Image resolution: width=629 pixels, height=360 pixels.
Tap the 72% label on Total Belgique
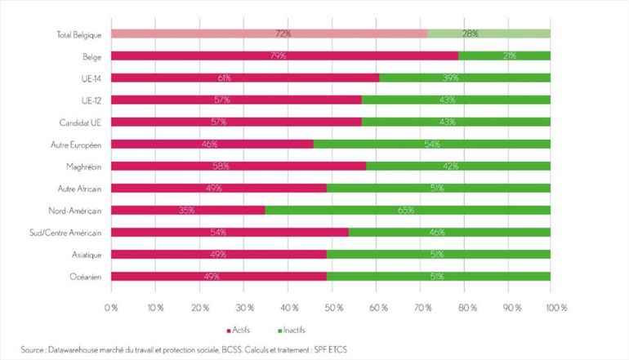[x=283, y=34]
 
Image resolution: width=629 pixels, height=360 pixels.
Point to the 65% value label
[x=406, y=210]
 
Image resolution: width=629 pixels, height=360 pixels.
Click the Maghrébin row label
[x=83, y=166]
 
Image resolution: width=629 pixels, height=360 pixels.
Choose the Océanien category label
[x=85, y=276]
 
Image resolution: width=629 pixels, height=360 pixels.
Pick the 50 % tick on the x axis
[x=331, y=308]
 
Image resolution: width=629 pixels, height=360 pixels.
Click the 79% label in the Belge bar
[x=283, y=56]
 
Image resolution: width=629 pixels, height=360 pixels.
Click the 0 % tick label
[x=111, y=308]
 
